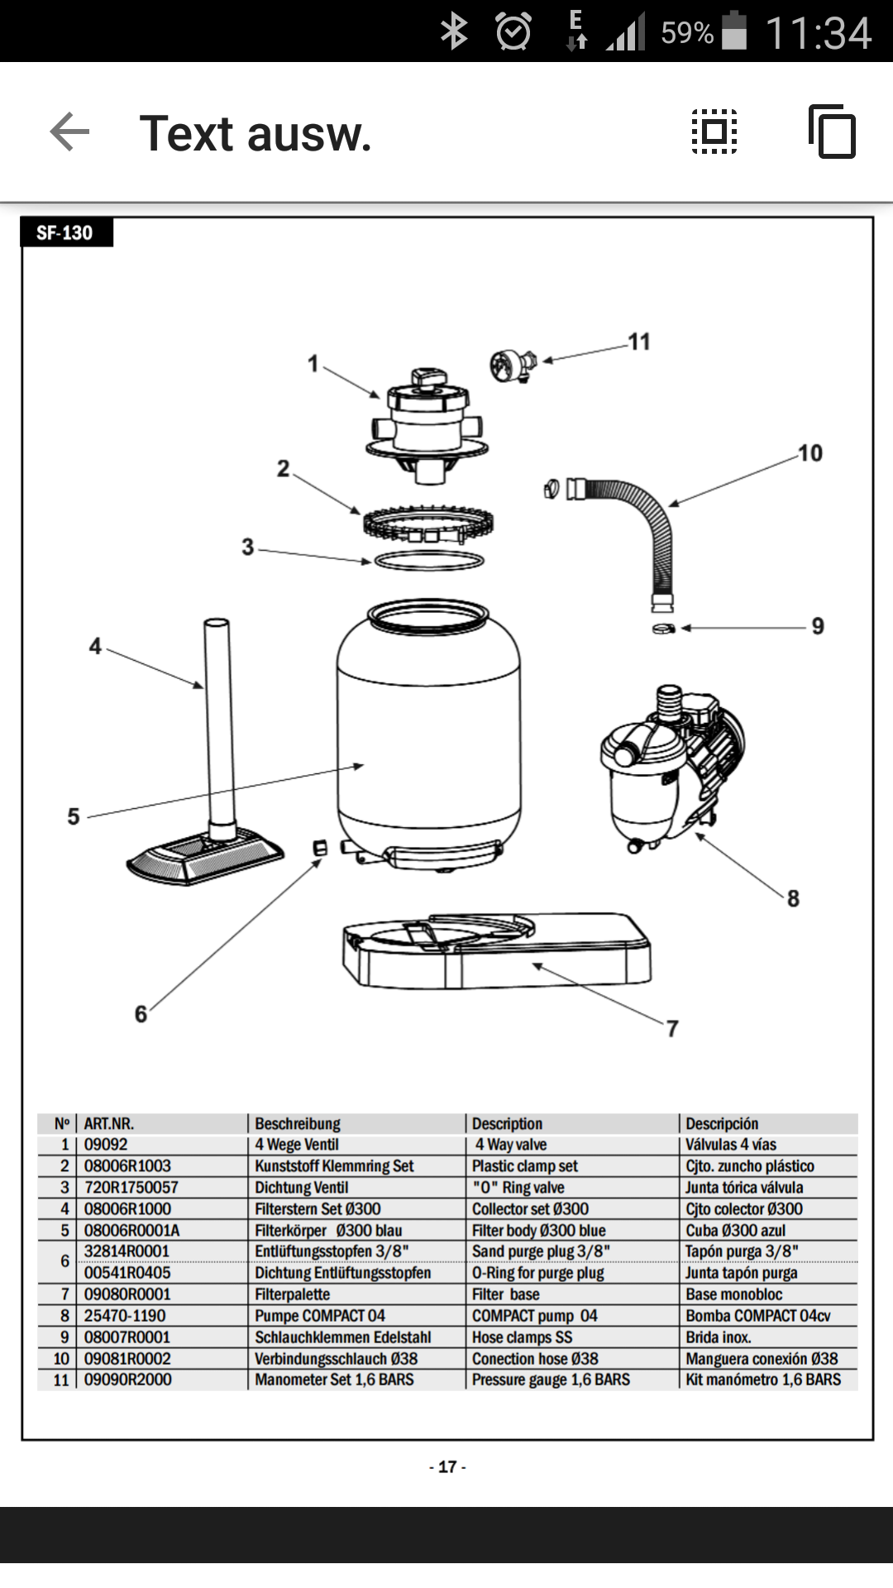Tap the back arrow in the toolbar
click(x=69, y=132)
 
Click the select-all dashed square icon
click(x=714, y=132)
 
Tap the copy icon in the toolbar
click(x=832, y=132)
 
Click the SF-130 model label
click(x=64, y=233)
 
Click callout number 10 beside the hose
click(x=810, y=453)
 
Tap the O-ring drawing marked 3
click(x=429, y=561)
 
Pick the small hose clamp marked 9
click(x=663, y=629)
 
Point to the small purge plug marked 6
click(x=321, y=848)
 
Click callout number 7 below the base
click(x=672, y=1029)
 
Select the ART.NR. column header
click(x=108, y=1124)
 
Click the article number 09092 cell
click(x=106, y=1145)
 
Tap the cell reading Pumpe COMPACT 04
click(x=320, y=1316)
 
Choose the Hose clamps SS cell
click(x=522, y=1337)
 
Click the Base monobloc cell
click(x=733, y=1294)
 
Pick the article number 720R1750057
click(x=131, y=1188)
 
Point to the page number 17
click(x=447, y=1466)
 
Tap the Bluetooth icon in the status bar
click(x=454, y=32)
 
